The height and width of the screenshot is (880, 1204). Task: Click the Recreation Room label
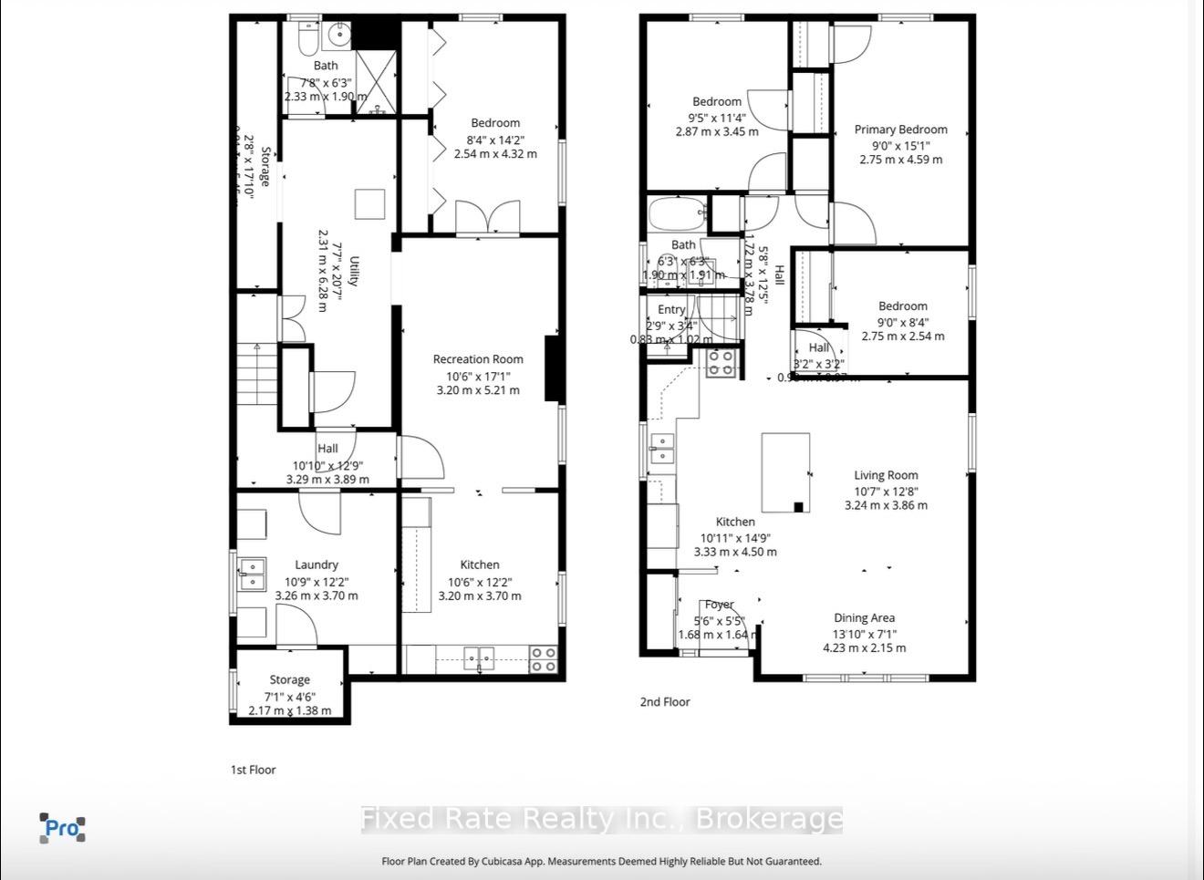pyautogui.click(x=478, y=359)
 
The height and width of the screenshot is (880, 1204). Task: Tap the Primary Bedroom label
pyautogui.click(x=900, y=129)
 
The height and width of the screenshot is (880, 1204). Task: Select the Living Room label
pyautogui.click(x=886, y=475)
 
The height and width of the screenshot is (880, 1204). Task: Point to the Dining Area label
pyautogui.click(x=864, y=618)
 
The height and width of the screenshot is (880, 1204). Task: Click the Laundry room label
pyautogui.click(x=317, y=565)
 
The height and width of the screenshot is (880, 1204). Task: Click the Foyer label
pyautogui.click(x=720, y=605)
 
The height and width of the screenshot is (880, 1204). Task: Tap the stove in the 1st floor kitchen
pyautogui.click(x=544, y=659)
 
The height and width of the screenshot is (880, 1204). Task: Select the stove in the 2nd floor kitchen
pyautogui.click(x=720, y=363)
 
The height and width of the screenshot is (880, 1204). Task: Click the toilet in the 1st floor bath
pyautogui.click(x=307, y=38)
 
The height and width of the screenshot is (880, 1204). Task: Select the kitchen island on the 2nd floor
pyautogui.click(x=785, y=472)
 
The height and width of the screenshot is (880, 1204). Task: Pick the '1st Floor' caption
pyautogui.click(x=253, y=770)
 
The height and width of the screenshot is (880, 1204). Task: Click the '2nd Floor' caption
pyautogui.click(x=665, y=702)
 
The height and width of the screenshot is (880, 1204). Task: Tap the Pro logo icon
pyautogui.click(x=62, y=828)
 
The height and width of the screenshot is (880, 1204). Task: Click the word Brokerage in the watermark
pyautogui.click(x=768, y=818)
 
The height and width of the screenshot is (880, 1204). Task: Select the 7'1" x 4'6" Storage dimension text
pyautogui.click(x=289, y=696)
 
